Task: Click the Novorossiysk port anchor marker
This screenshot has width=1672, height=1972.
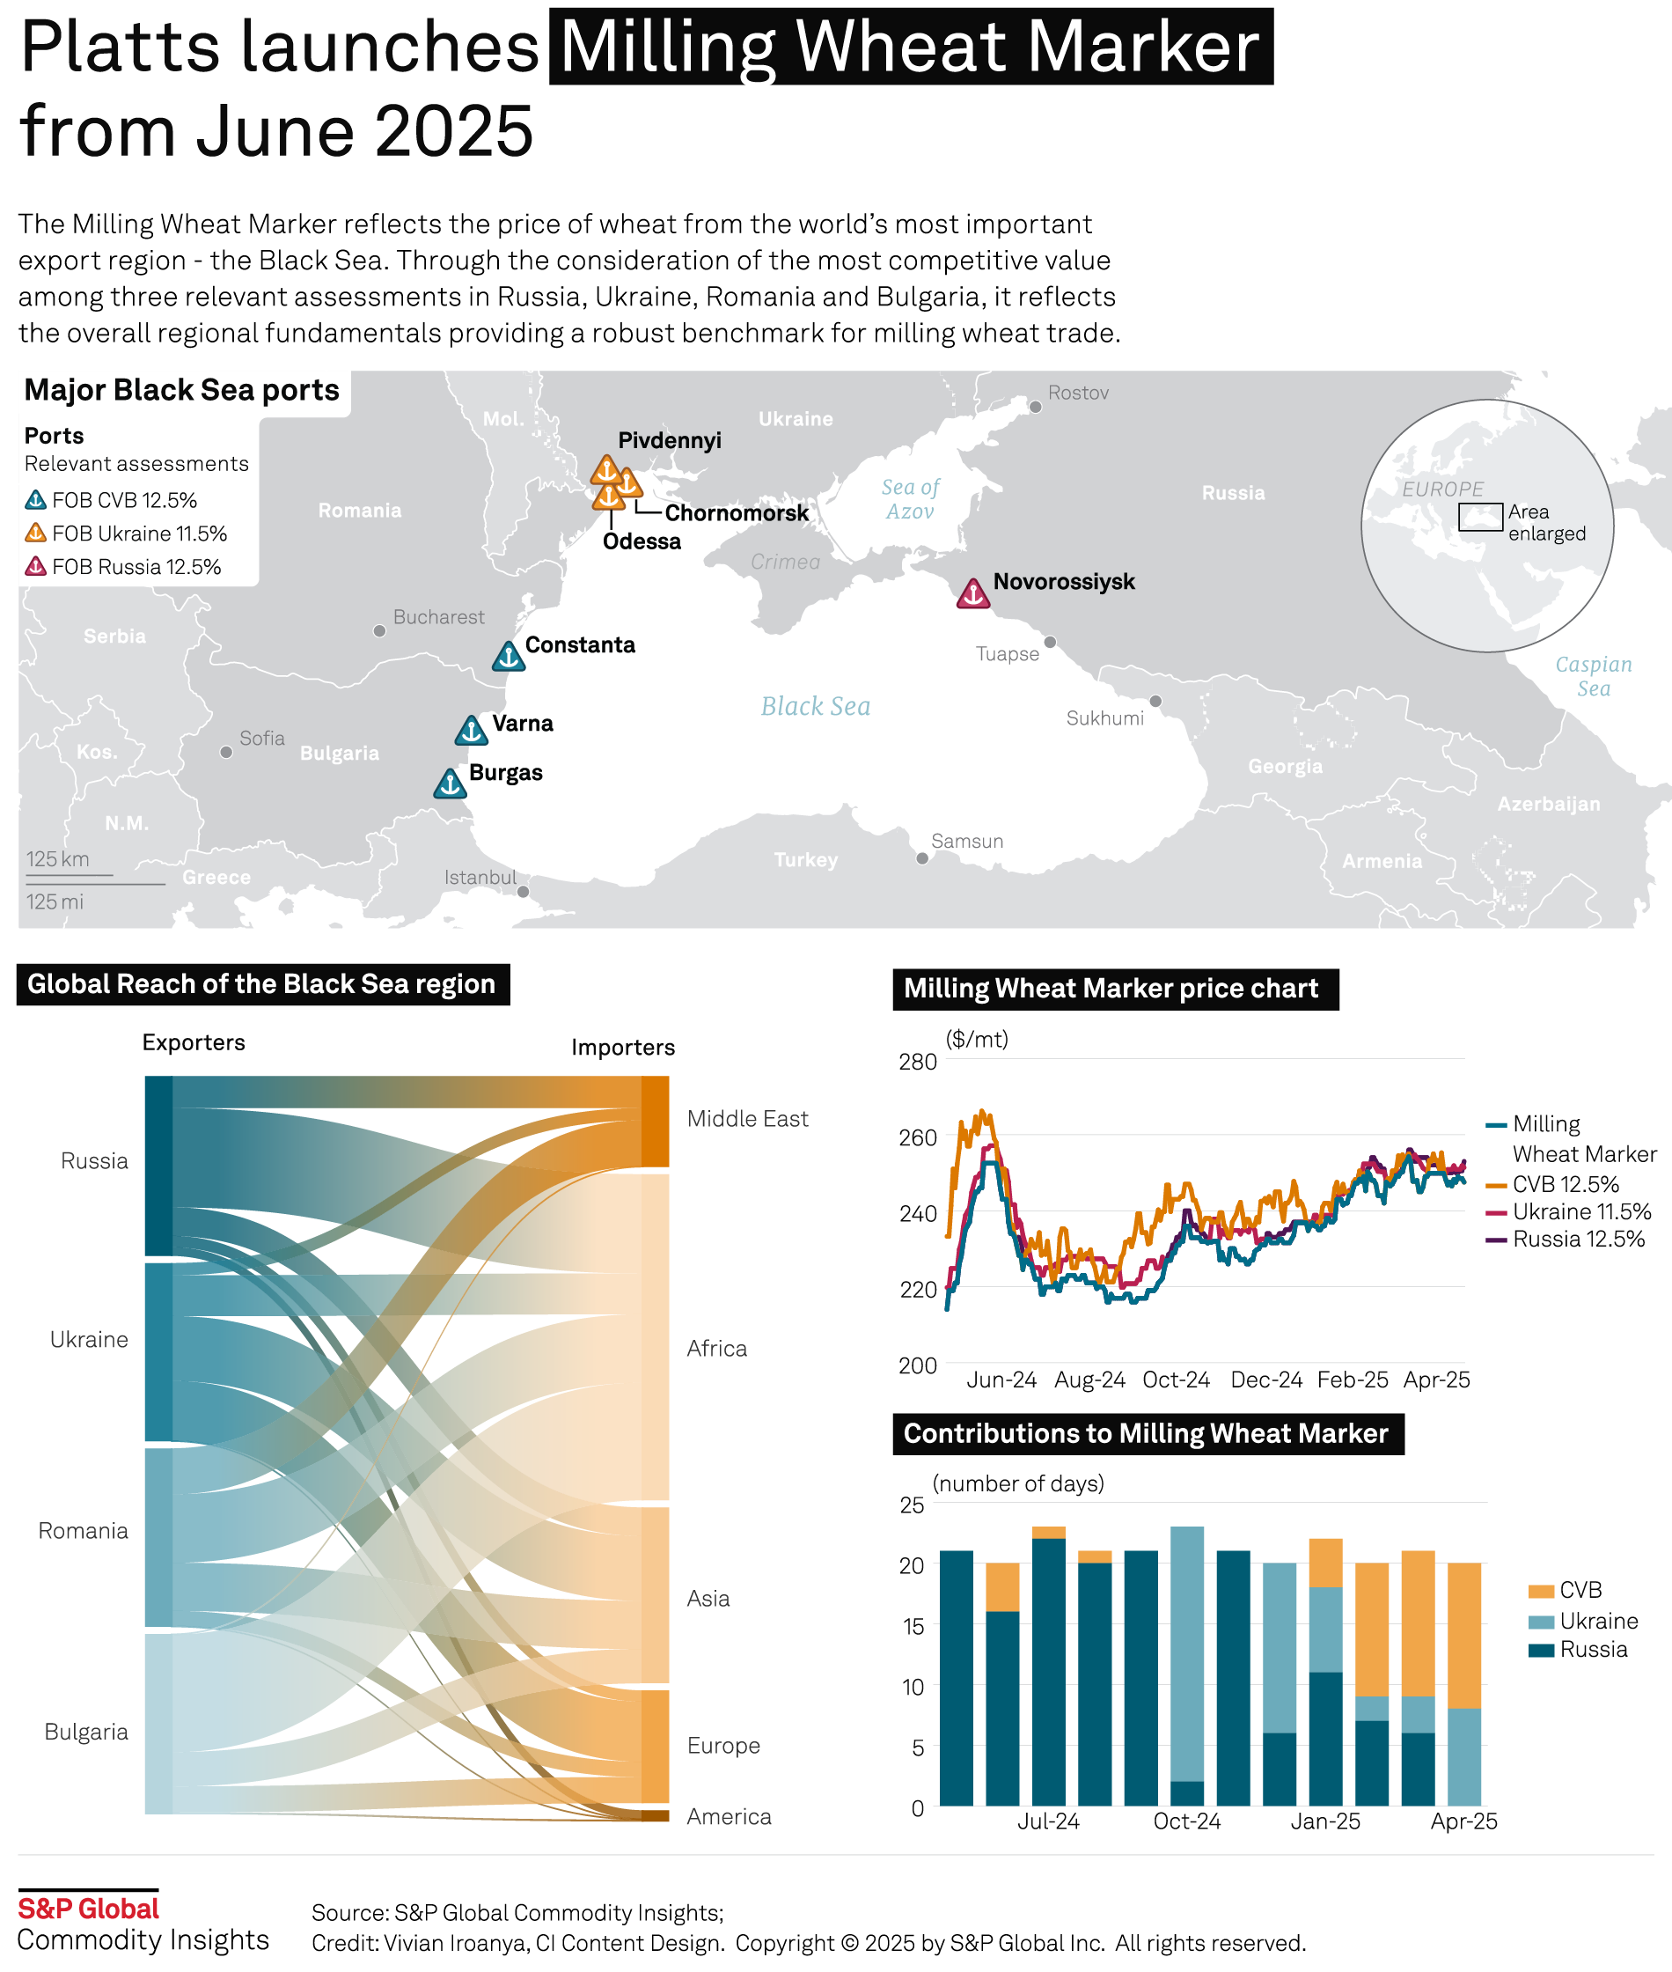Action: (972, 593)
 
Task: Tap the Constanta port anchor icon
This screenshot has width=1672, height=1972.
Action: (509, 656)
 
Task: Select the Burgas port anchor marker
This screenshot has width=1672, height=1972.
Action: (451, 784)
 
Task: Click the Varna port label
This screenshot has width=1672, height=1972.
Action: (522, 724)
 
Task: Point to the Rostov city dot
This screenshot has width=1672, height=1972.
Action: (1035, 407)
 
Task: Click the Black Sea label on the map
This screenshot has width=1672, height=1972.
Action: (815, 706)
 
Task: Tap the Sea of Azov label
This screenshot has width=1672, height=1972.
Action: (910, 498)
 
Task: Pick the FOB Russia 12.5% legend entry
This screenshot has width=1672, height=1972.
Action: (123, 567)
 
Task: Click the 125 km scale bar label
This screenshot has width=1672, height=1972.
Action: (58, 859)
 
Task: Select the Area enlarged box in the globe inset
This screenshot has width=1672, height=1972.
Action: (1479, 517)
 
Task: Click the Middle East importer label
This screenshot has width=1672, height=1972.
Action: (747, 1119)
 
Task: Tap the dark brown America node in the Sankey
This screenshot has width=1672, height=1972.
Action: (655, 1815)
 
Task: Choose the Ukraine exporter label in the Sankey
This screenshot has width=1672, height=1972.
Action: (89, 1340)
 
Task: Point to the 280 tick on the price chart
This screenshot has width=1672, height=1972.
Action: (918, 1062)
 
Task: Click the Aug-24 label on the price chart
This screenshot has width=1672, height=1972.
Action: (1090, 1380)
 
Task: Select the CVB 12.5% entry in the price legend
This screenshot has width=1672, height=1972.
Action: (1565, 1184)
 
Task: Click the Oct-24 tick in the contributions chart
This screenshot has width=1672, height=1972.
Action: (1187, 1821)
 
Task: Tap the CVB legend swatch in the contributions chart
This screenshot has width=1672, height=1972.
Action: (1541, 1591)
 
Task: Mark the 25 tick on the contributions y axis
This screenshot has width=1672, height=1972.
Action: (912, 1505)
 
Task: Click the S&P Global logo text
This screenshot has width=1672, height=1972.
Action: (89, 1909)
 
